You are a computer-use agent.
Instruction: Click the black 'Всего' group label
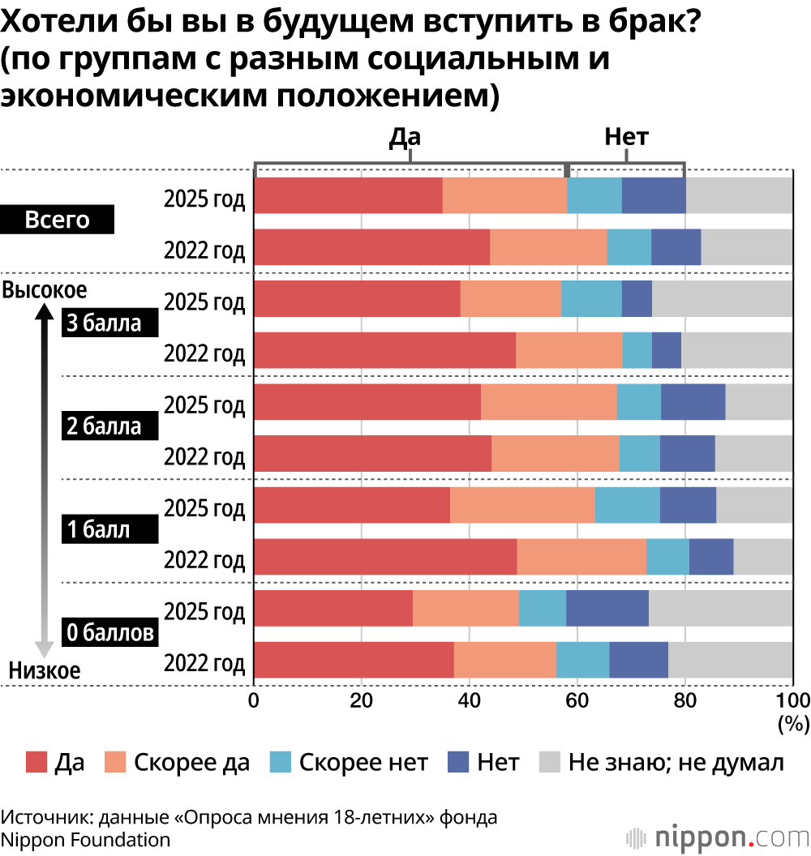(x=58, y=220)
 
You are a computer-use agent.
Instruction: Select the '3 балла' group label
(x=103, y=323)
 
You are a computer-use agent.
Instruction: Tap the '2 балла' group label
(x=103, y=426)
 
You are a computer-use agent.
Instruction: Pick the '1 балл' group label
(x=98, y=529)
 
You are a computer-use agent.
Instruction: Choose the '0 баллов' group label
(x=109, y=632)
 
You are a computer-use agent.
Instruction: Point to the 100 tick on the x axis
(x=792, y=700)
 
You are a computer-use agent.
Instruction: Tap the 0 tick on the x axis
(x=254, y=700)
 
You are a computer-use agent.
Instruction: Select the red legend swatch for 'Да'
(x=36, y=762)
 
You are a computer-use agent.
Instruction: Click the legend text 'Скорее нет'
(x=363, y=762)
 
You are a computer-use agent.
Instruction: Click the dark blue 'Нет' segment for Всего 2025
(x=654, y=195)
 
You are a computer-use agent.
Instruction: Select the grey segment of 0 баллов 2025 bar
(x=720, y=608)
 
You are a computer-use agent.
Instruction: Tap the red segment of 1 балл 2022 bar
(x=385, y=556)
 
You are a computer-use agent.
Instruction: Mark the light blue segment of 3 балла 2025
(x=591, y=298)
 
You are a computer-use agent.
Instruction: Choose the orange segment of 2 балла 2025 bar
(x=548, y=401)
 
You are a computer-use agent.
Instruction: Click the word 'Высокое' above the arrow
(x=45, y=289)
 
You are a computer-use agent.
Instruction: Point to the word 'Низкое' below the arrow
(x=45, y=670)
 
